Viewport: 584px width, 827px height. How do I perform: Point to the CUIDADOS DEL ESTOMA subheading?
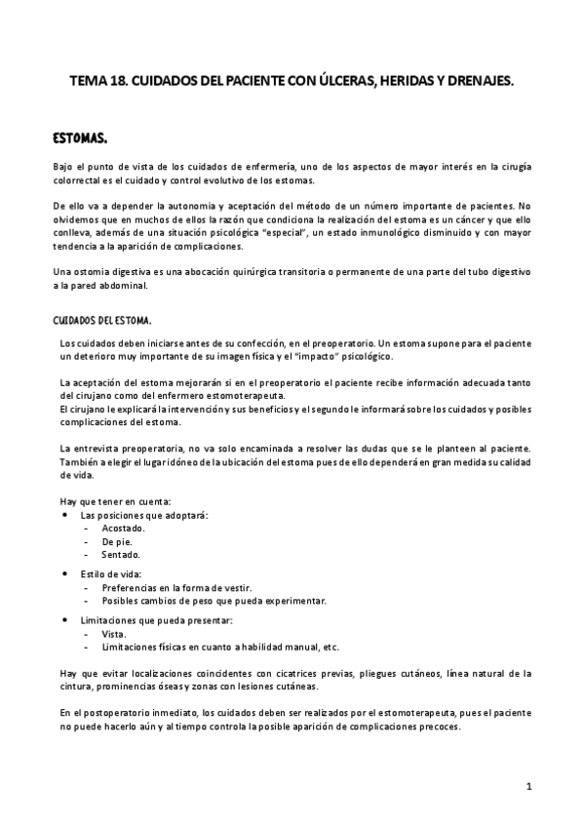coord(102,320)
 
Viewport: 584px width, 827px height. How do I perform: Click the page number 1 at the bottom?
coord(527,786)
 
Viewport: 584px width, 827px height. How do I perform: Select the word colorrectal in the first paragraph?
coord(79,181)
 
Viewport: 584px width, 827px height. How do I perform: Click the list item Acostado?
coord(122,528)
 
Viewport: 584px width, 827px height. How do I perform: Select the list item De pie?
coord(116,541)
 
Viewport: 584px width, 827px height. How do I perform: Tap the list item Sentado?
coord(120,554)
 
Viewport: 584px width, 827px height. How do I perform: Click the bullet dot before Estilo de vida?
coord(65,574)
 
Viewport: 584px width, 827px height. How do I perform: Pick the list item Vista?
coord(113,634)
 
